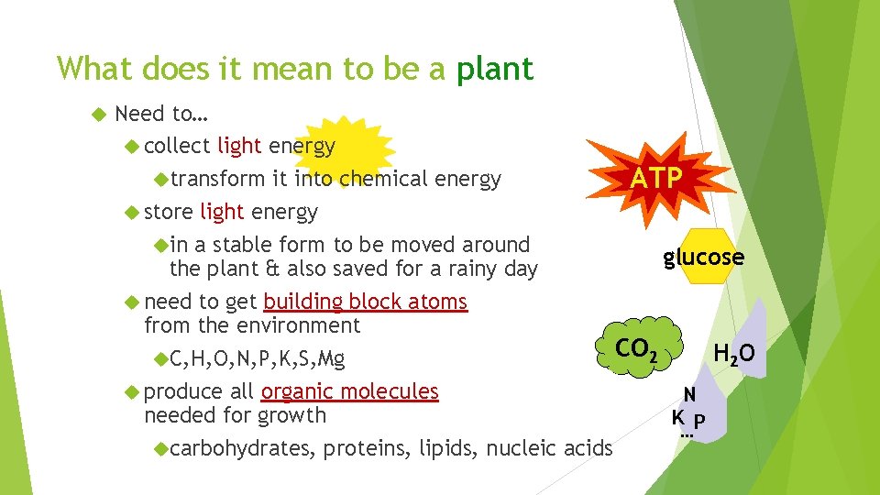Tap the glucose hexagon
[703, 258]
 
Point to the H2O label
[734, 353]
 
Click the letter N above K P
[689, 395]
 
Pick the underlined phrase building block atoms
[365, 302]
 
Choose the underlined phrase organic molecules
[349, 391]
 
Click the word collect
[177, 146]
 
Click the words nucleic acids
[549, 448]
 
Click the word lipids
[447, 448]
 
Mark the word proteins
[367, 448]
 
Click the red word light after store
[222, 212]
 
